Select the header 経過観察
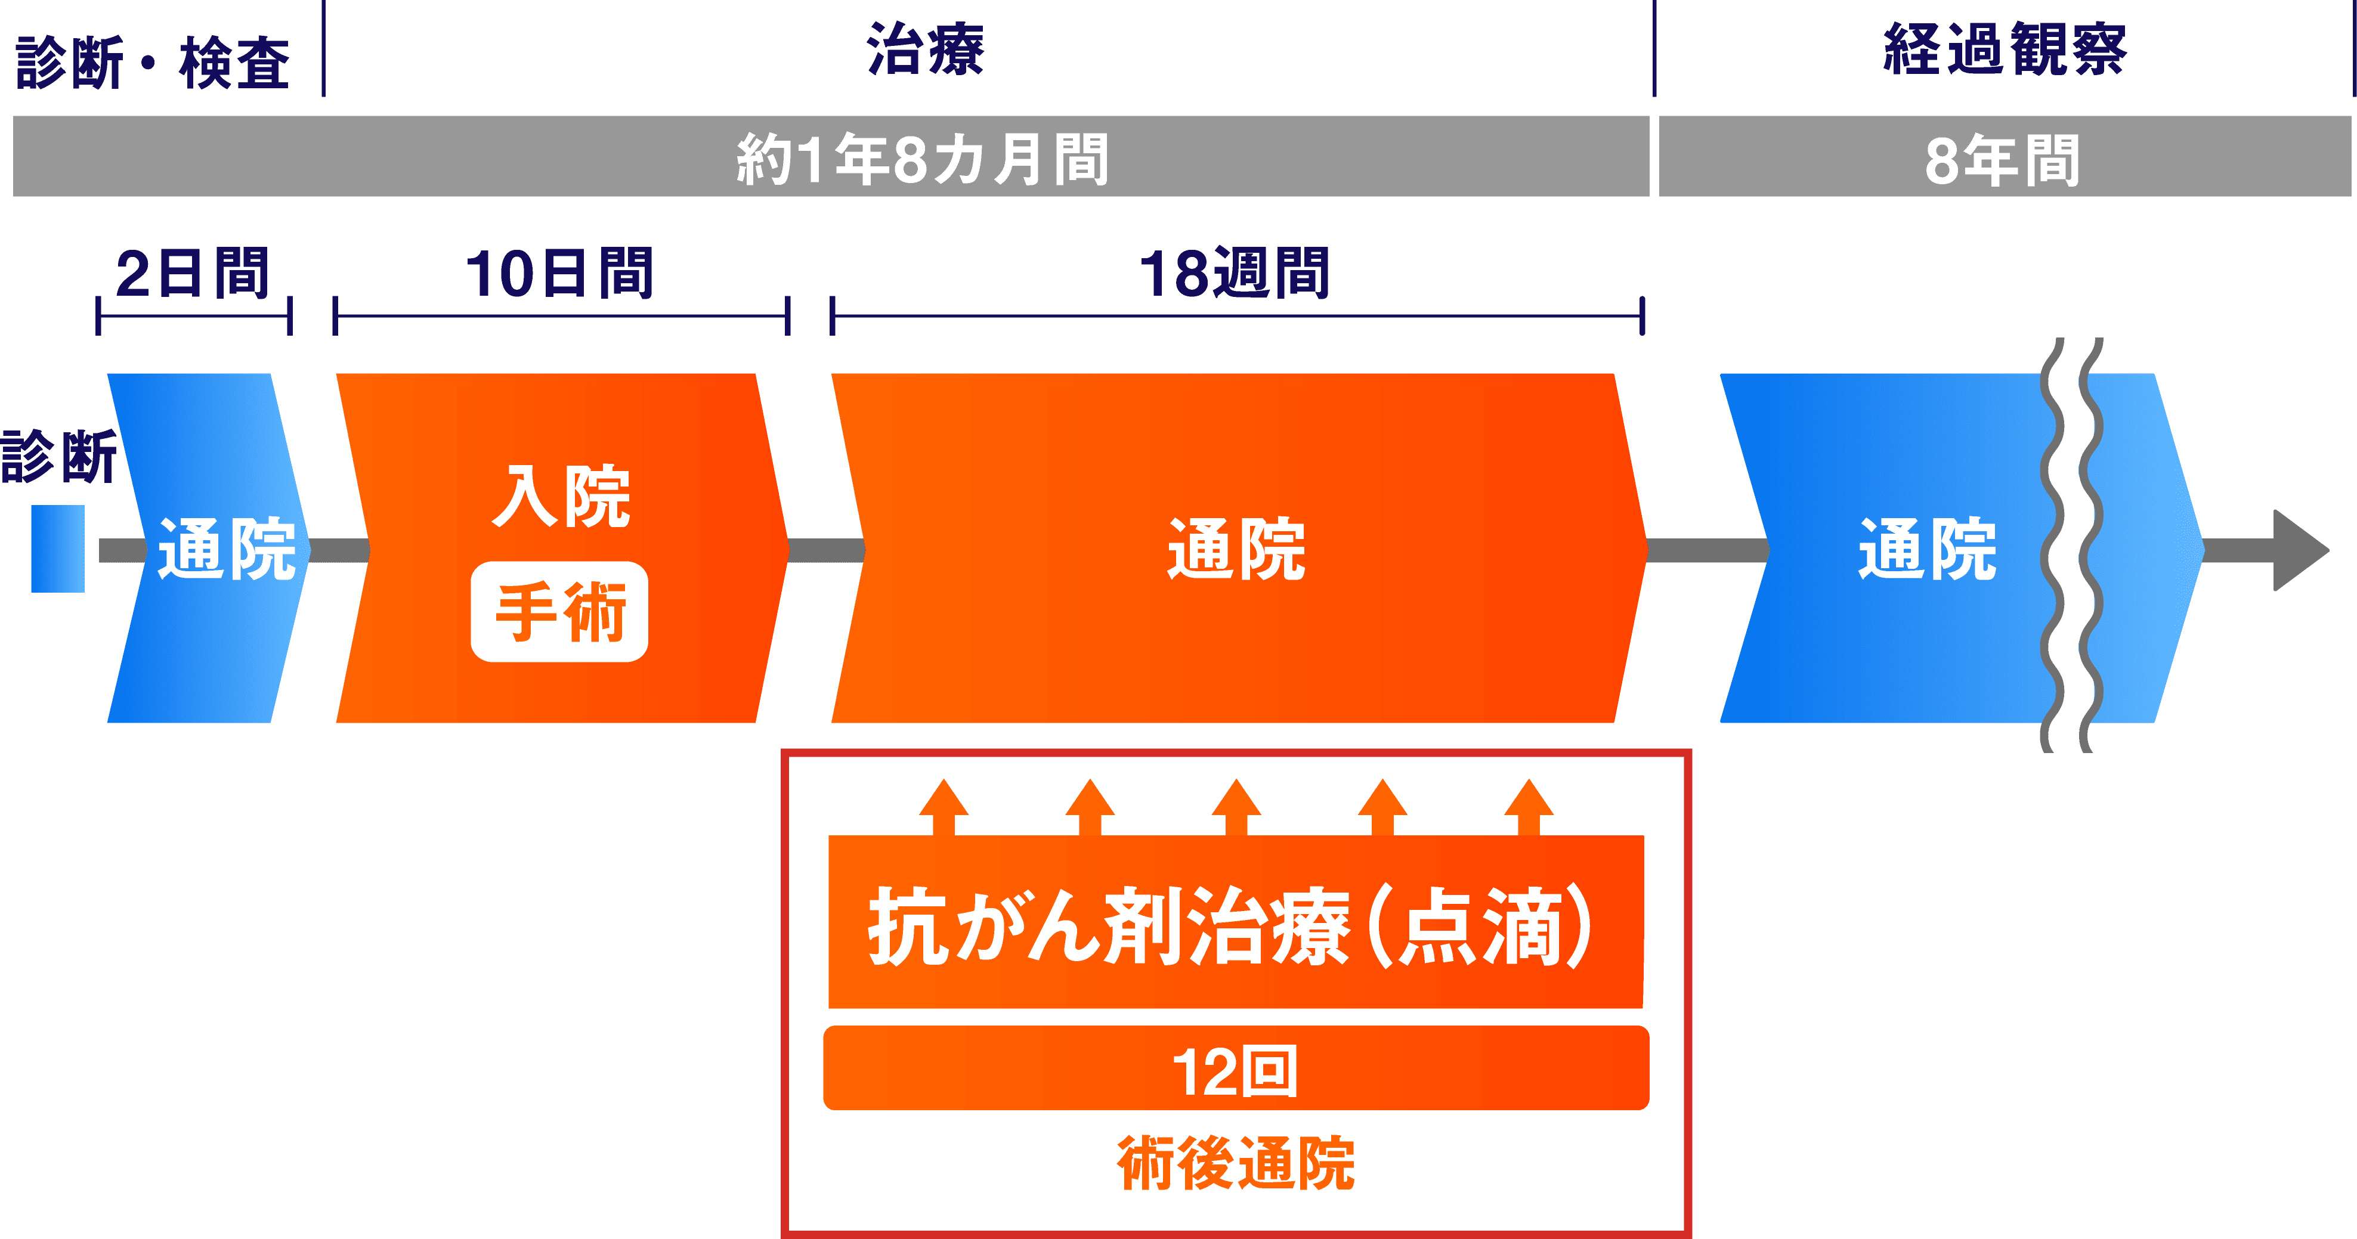point(2004,49)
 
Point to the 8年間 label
point(2002,160)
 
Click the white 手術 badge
point(559,611)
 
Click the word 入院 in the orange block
point(561,497)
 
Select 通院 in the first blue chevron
point(226,549)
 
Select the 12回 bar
point(1235,1069)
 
